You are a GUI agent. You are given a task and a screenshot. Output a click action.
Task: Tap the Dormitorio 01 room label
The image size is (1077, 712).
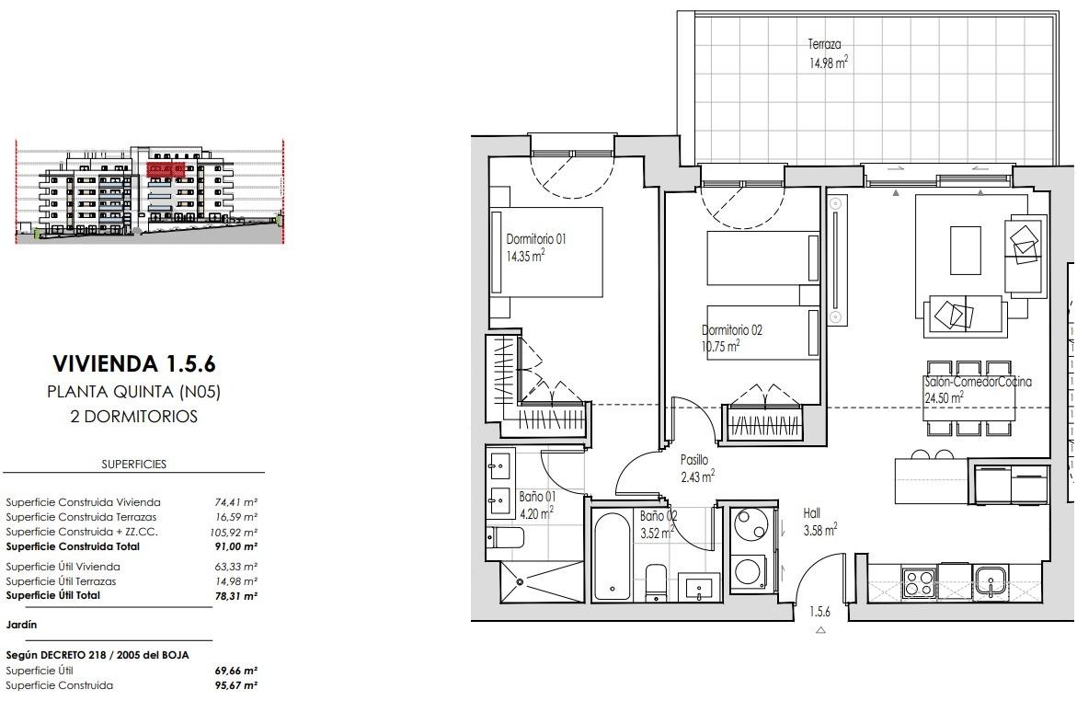click(x=535, y=247)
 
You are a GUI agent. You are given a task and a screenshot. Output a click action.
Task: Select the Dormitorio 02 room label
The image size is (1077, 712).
click(x=731, y=338)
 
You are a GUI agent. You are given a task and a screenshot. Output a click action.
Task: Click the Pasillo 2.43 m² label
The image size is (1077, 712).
click(x=697, y=467)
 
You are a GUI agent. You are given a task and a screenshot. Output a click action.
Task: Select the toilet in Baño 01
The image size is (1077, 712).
click(x=506, y=537)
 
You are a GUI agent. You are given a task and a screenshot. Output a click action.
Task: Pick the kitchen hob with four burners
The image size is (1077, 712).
click(x=918, y=582)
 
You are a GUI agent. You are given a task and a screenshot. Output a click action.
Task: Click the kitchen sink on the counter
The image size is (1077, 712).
click(x=990, y=581)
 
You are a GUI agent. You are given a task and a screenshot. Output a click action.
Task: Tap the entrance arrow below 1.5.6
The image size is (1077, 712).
click(x=820, y=631)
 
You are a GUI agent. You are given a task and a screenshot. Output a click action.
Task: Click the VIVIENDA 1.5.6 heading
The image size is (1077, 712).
click(x=134, y=363)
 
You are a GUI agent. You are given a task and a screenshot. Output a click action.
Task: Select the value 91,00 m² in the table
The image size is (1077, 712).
click(x=235, y=546)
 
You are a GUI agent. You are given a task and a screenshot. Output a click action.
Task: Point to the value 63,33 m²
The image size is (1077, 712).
click(x=235, y=567)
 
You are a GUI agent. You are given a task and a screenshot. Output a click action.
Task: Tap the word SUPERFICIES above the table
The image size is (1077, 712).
click(x=134, y=465)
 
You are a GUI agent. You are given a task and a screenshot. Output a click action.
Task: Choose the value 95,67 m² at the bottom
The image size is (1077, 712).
click(x=235, y=685)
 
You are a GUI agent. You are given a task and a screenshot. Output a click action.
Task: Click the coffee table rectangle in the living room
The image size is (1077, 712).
click(x=966, y=250)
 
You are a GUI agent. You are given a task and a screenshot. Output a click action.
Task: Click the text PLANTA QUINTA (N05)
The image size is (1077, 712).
click(x=134, y=391)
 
